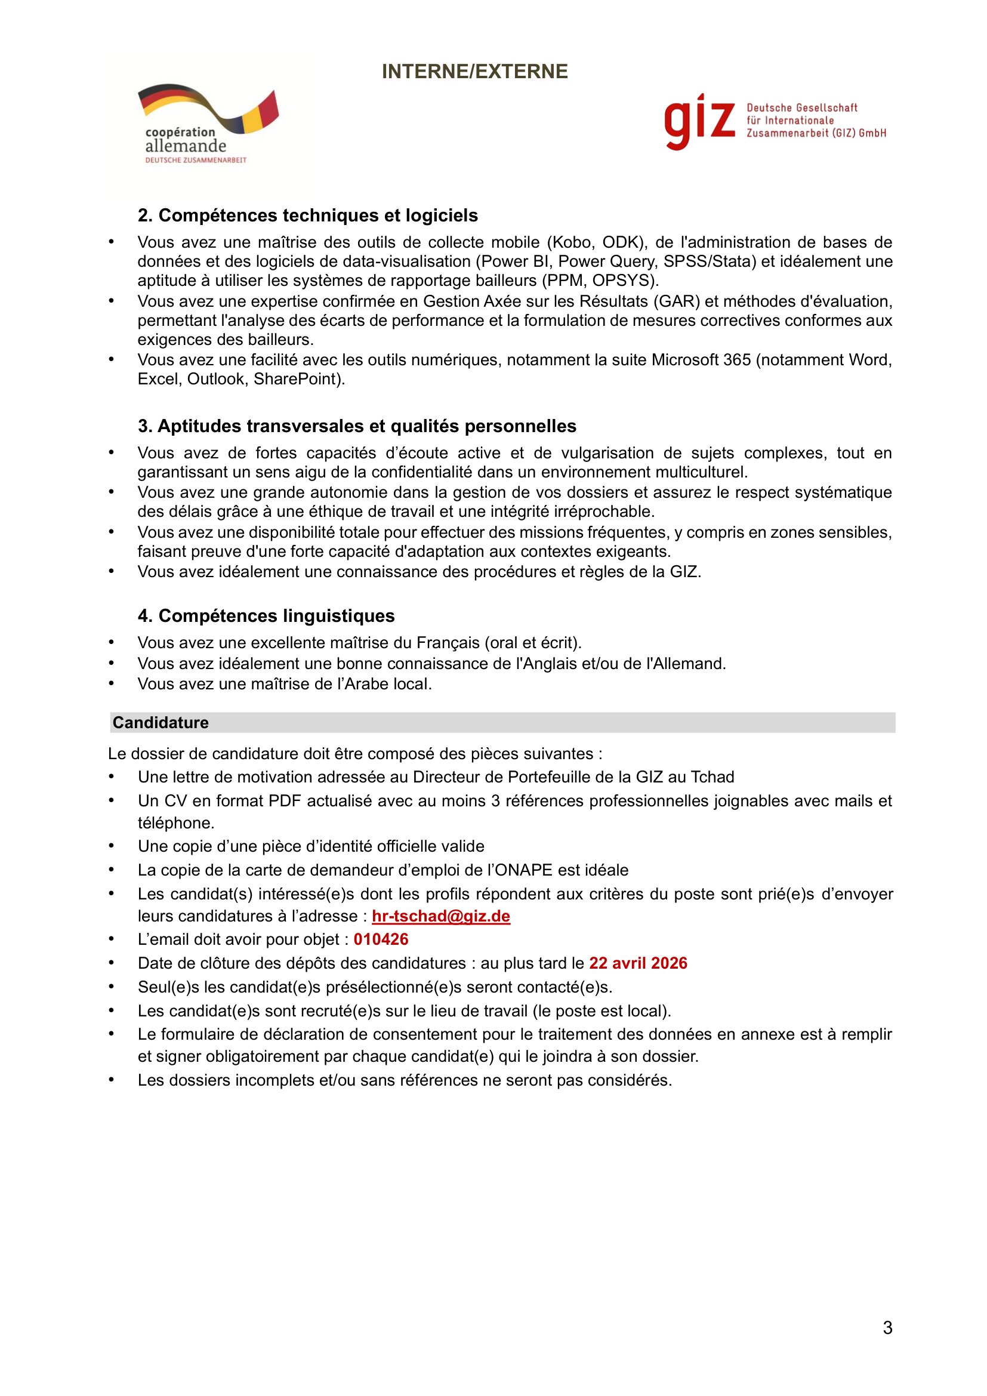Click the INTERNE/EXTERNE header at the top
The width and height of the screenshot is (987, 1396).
click(x=474, y=72)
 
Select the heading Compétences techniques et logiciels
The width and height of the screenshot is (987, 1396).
click(x=307, y=215)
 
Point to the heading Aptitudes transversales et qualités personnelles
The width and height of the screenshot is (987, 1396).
click(x=357, y=426)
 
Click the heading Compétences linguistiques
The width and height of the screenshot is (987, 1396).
click(x=266, y=615)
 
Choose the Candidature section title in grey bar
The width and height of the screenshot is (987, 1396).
click(x=161, y=722)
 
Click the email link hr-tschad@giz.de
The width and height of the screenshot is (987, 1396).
click(x=440, y=916)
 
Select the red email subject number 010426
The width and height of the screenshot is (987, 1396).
click(x=381, y=939)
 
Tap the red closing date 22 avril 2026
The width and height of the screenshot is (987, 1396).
click(x=638, y=963)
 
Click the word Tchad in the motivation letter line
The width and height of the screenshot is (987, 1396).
click(x=711, y=777)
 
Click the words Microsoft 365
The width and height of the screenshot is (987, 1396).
click(x=701, y=360)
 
